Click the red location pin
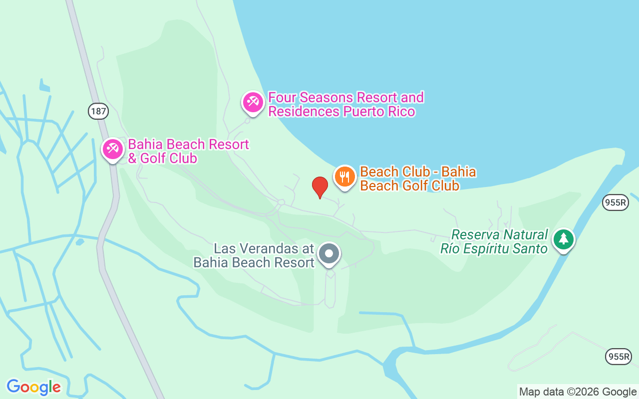(319, 187)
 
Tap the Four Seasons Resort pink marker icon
(253, 102)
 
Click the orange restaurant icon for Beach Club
(344, 177)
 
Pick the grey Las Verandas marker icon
(329, 253)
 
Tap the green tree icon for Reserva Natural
(564, 239)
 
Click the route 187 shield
(98, 111)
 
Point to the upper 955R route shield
(615, 202)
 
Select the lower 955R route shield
(619, 357)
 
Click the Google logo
(33, 387)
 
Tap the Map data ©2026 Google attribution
(578, 392)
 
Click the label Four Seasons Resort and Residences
(346, 104)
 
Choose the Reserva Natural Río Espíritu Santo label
(494, 241)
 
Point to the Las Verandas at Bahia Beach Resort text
(254, 255)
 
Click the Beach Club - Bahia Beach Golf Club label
(417, 179)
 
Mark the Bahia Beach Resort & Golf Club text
(188, 151)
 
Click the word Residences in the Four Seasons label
(304, 111)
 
